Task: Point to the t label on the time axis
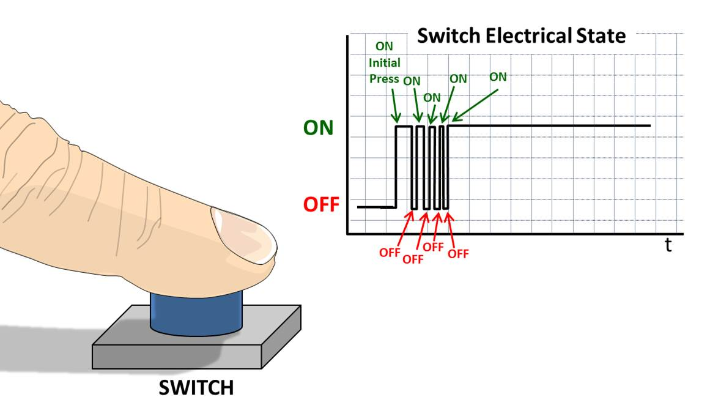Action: pos(668,246)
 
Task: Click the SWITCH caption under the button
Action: pos(196,388)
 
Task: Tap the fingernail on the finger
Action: pos(243,236)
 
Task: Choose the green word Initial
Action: pos(385,62)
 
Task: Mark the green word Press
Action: pos(385,79)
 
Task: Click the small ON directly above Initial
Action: pos(385,46)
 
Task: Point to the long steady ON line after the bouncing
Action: pos(550,125)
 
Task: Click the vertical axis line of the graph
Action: pos(347,135)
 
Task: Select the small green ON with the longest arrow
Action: pos(498,77)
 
